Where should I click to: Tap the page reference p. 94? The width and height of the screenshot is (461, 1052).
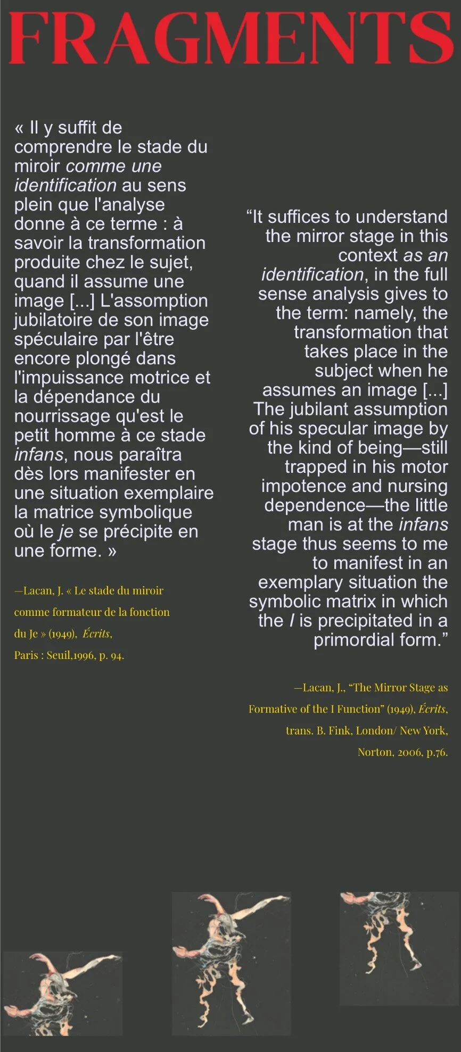pos(111,655)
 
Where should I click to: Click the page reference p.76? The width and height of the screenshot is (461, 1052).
pos(437,752)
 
